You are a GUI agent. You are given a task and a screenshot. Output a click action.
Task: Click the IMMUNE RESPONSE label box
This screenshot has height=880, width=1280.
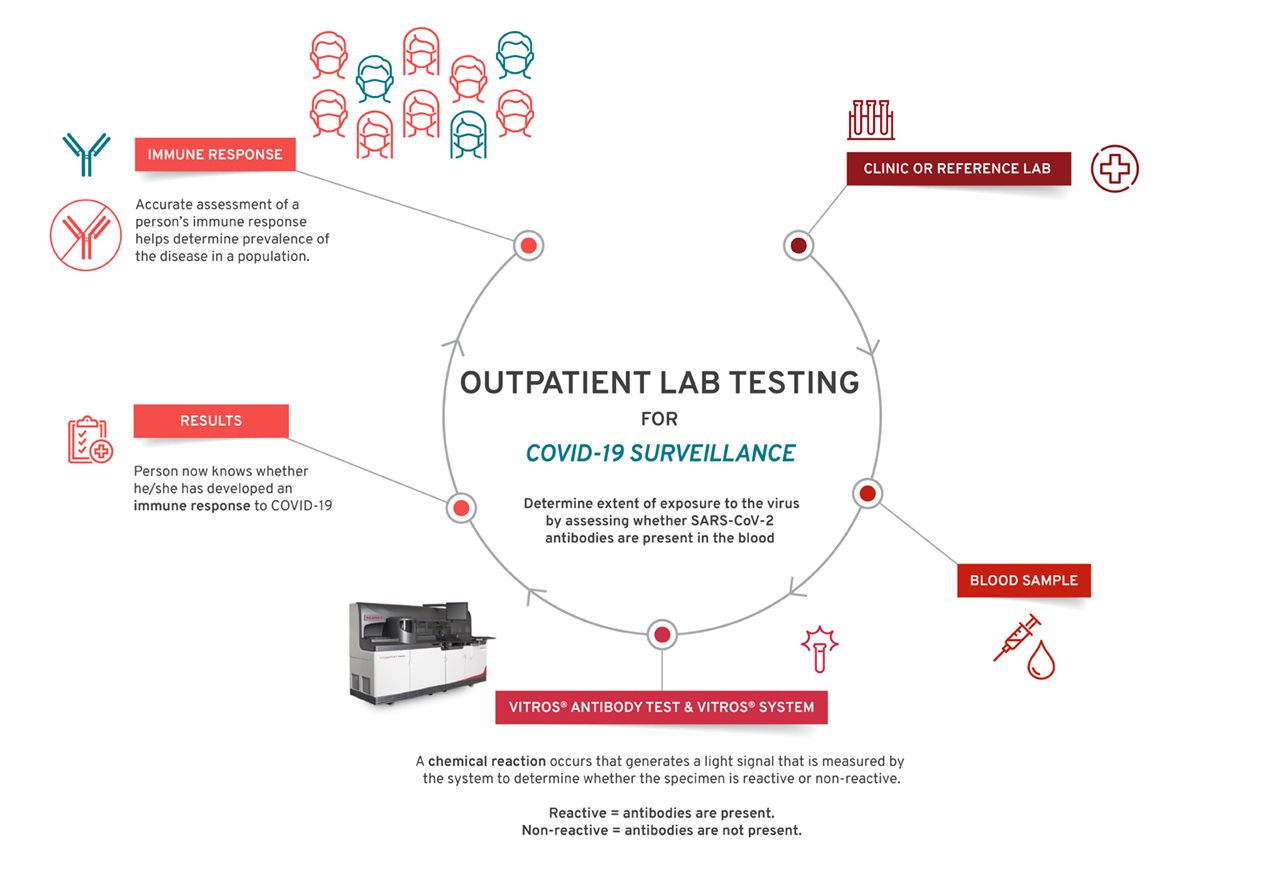(x=215, y=154)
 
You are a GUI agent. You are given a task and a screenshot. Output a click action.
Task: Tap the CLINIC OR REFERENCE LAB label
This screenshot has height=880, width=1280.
(x=958, y=169)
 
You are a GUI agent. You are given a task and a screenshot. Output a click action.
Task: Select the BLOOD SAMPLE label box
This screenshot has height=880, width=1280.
(x=1023, y=581)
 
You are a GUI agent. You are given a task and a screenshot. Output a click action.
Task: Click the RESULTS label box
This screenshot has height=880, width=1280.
(x=211, y=421)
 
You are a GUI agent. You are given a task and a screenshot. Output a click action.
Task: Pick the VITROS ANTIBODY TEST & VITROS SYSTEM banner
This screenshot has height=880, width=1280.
(x=661, y=707)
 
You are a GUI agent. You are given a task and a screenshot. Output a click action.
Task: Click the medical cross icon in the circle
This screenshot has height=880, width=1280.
(x=1114, y=169)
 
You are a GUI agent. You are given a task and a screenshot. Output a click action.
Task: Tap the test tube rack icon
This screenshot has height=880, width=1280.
(x=871, y=120)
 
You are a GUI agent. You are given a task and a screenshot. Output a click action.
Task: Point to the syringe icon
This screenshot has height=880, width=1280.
(x=1017, y=637)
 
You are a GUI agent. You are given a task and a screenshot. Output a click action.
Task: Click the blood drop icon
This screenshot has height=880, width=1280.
(x=1041, y=660)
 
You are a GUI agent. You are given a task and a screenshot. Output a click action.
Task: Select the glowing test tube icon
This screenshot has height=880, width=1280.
(x=819, y=649)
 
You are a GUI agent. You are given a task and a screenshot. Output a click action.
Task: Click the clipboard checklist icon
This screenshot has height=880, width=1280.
(x=90, y=439)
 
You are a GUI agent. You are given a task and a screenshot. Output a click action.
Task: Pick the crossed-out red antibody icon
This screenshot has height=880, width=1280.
(x=86, y=235)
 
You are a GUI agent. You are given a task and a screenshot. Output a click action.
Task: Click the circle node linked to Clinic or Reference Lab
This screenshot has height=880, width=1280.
(x=798, y=246)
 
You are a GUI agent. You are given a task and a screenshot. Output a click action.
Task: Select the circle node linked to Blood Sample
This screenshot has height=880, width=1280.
(x=867, y=493)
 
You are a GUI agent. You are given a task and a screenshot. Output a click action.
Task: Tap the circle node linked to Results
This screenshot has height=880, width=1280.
(x=461, y=507)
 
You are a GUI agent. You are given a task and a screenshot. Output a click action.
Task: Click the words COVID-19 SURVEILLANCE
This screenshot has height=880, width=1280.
(x=661, y=453)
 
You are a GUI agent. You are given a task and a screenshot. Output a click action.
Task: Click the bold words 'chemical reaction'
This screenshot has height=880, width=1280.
(x=487, y=761)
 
